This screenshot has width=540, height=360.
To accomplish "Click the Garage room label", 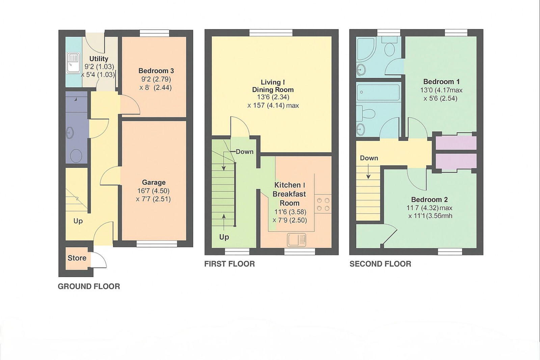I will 154,183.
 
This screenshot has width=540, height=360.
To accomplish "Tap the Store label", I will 77,258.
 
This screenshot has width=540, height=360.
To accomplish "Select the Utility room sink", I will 73,63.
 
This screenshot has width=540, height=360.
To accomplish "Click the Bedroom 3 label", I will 156,71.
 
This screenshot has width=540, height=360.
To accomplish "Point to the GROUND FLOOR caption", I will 89,286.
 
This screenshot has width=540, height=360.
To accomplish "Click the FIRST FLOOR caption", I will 230,264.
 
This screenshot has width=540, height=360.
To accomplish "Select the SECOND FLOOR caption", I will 380,264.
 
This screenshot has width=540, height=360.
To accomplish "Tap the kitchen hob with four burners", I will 323,204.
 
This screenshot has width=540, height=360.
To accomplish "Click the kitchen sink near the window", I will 297,240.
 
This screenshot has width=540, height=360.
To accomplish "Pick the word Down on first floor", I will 244,152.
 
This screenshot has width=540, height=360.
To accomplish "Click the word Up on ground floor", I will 78,221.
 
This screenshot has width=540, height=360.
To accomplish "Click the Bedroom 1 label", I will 441,82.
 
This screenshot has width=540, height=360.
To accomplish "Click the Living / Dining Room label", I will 273,86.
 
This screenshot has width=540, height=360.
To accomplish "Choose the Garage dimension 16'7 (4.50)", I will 153,191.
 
